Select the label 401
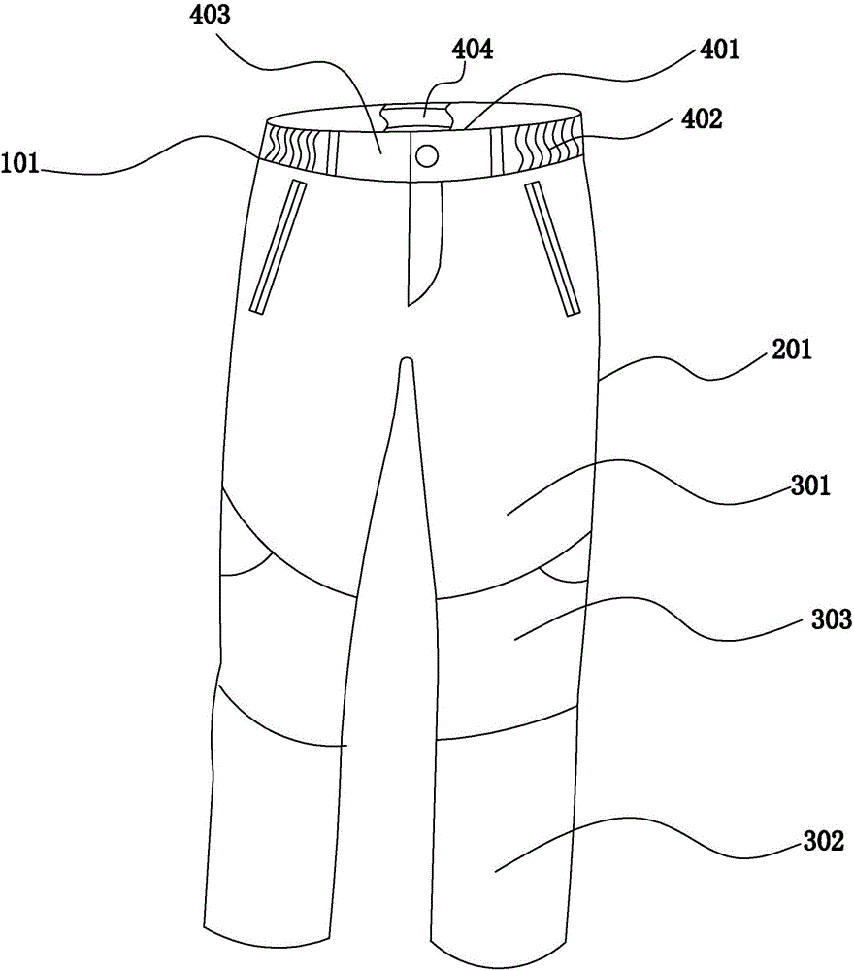click(716, 48)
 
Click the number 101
click(22, 165)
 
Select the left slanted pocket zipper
click(279, 248)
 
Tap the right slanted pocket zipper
click(552, 248)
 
